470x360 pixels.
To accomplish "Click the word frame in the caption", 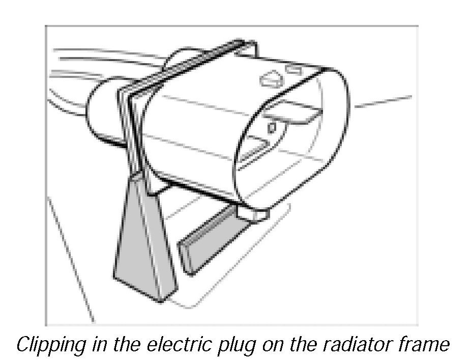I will tap(425, 345).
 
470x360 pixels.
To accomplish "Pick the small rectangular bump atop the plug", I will tap(293, 68).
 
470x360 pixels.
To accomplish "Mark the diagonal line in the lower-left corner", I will tap(71, 260).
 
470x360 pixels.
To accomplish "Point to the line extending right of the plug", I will tap(384, 102).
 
